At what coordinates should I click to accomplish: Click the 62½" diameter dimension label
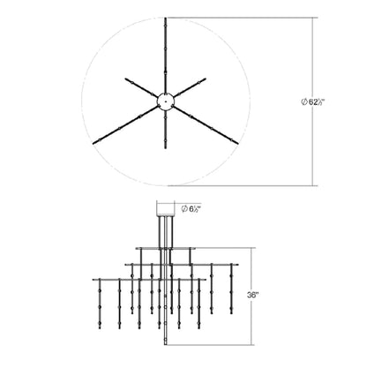(312, 102)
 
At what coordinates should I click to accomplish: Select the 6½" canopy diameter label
(191, 209)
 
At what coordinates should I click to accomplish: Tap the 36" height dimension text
(252, 295)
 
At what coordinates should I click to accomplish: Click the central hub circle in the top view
(166, 101)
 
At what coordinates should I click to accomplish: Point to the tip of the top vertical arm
(166, 19)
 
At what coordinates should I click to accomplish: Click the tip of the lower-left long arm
(94, 144)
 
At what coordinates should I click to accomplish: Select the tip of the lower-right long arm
(237, 144)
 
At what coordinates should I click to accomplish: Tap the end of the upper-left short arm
(125, 79)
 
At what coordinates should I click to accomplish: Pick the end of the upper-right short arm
(206, 79)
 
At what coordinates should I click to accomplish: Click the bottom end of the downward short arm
(166, 149)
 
